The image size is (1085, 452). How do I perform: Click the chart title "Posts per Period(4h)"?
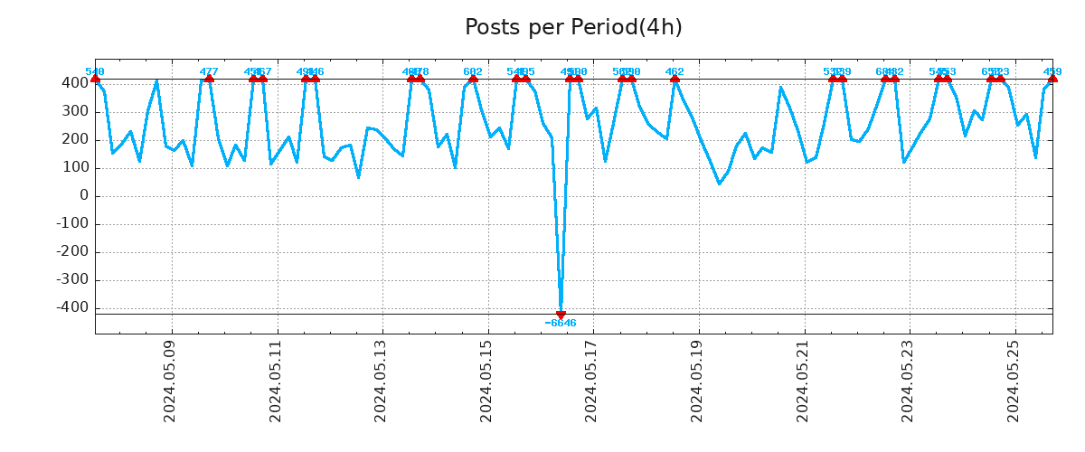click(x=573, y=28)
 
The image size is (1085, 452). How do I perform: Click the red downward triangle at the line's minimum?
click(x=561, y=315)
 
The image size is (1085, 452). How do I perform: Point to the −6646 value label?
click(x=561, y=324)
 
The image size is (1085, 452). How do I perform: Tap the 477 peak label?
click(x=209, y=71)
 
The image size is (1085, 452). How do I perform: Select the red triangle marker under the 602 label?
click(x=473, y=79)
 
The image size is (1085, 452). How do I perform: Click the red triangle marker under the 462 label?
click(x=675, y=79)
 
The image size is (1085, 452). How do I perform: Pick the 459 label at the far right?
click(x=1052, y=71)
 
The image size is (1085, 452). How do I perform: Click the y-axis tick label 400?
click(x=75, y=83)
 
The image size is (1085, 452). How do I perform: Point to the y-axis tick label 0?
click(x=83, y=195)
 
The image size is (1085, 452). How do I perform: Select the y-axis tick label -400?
click(x=72, y=307)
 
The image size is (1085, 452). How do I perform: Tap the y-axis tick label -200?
click(x=72, y=251)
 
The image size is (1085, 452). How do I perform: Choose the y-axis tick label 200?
click(x=75, y=139)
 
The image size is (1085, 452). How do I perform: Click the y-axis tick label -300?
click(x=72, y=279)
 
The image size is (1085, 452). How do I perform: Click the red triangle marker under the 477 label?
click(x=209, y=79)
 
